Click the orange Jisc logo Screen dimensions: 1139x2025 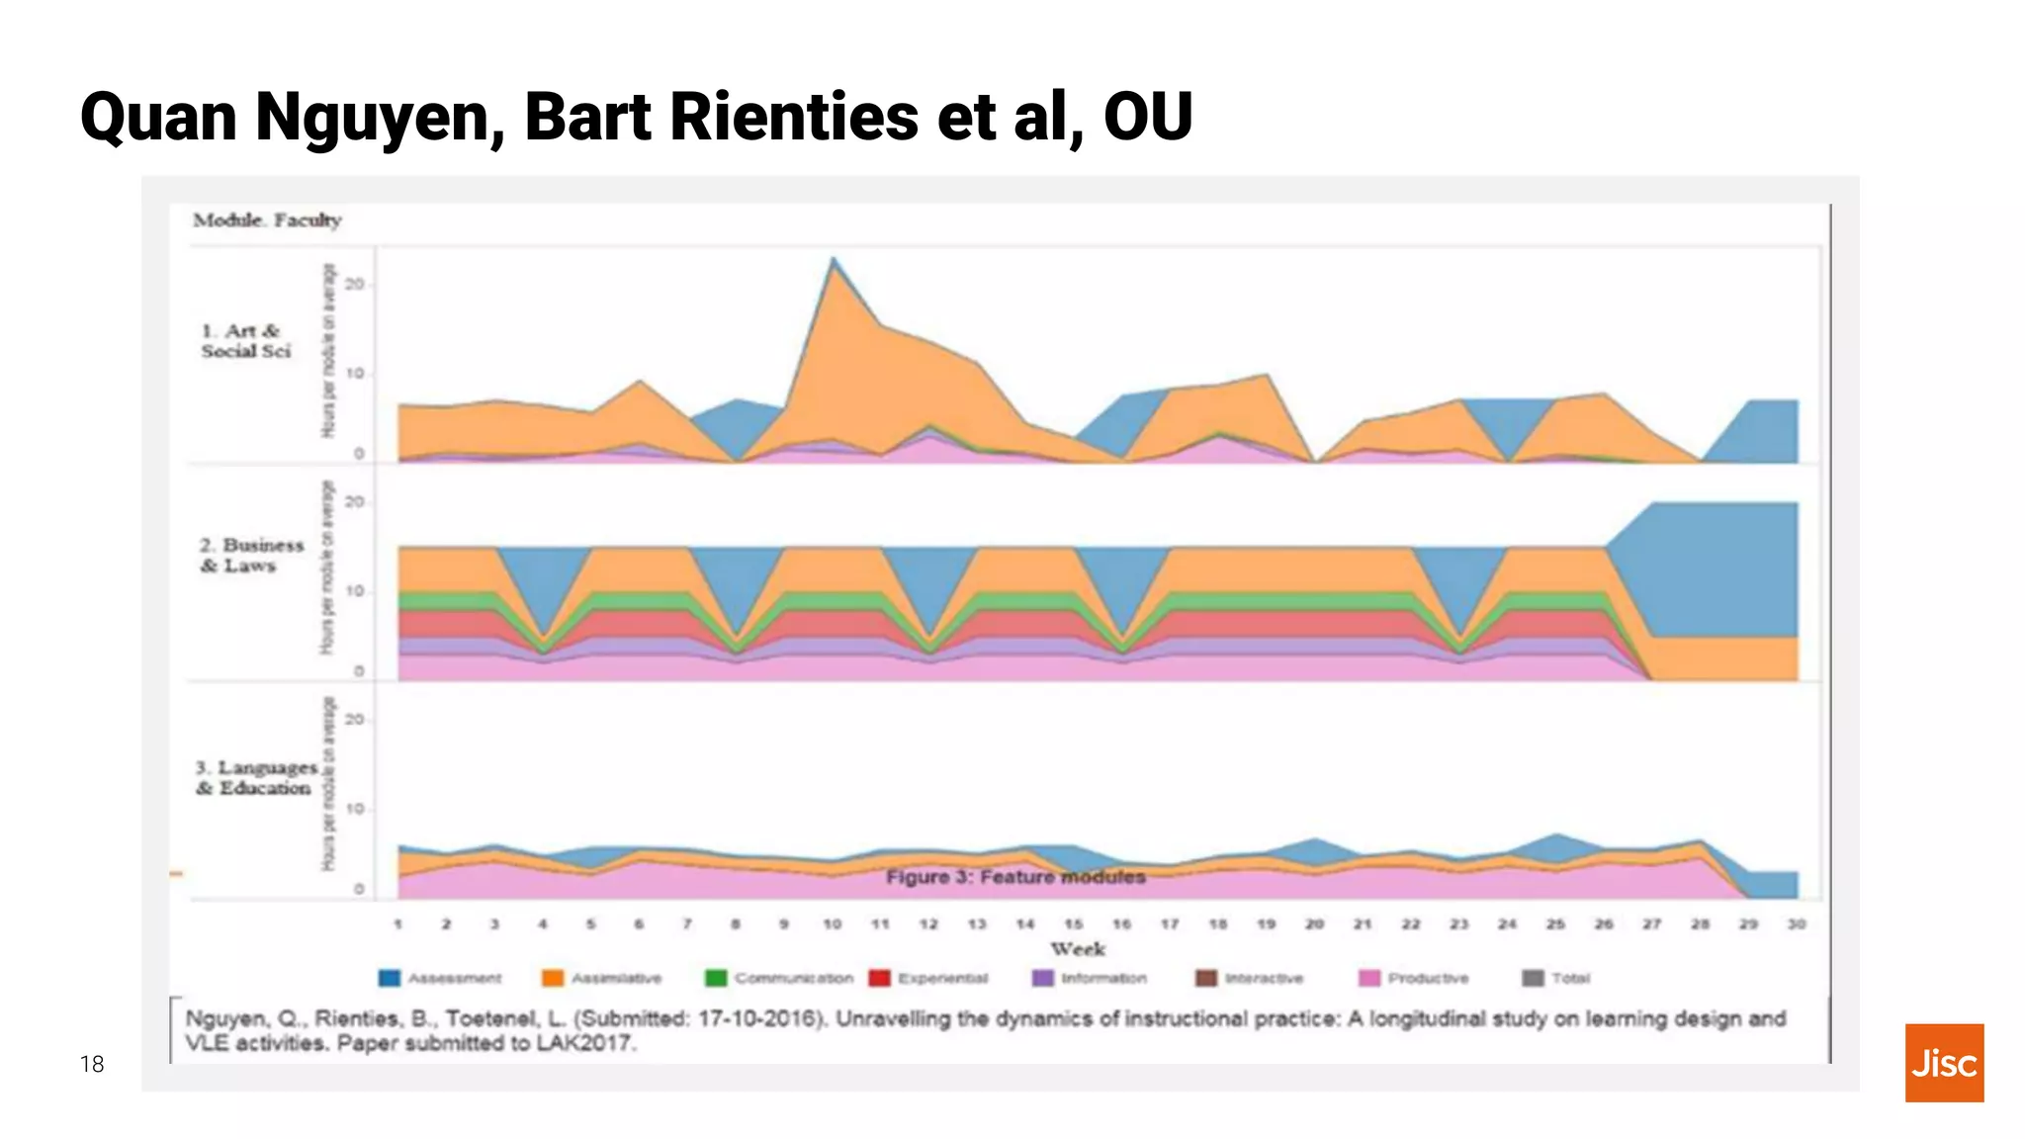tap(1944, 1063)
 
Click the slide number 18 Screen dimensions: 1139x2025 tap(92, 1064)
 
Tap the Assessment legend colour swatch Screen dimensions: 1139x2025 tap(390, 978)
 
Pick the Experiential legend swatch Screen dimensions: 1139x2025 tap(879, 978)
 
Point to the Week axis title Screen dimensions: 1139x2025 tap(1078, 949)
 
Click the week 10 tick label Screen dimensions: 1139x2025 tap(833, 924)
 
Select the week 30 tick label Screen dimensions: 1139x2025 tap(1797, 924)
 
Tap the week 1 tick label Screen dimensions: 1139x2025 tap(397, 924)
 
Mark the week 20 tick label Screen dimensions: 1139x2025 tap(1314, 924)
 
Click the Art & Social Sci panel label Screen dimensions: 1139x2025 tap(246, 341)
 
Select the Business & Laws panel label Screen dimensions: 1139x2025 tap(251, 556)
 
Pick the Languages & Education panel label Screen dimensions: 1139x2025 tap(256, 778)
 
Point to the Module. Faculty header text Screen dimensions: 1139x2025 tap(267, 220)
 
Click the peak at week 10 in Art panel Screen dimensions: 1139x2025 tap(834, 260)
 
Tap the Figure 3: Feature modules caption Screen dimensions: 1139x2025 tap(1015, 877)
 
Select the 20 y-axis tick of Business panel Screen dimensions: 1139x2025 tap(354, 502)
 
